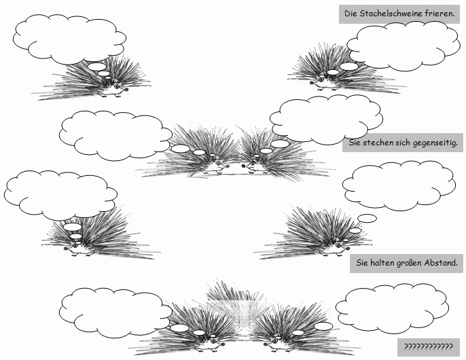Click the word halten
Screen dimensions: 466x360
(x=382, y=263)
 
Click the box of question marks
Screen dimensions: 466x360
(x=428, y=347)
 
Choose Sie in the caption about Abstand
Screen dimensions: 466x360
(x=362, y=263)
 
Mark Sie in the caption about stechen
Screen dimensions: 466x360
(x=355, y=143)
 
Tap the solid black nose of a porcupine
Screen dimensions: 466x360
(x=243, y=166)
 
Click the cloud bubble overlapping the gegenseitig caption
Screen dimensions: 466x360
(x=326, y=120)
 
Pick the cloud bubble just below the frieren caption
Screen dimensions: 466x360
(x=404, y=47)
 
